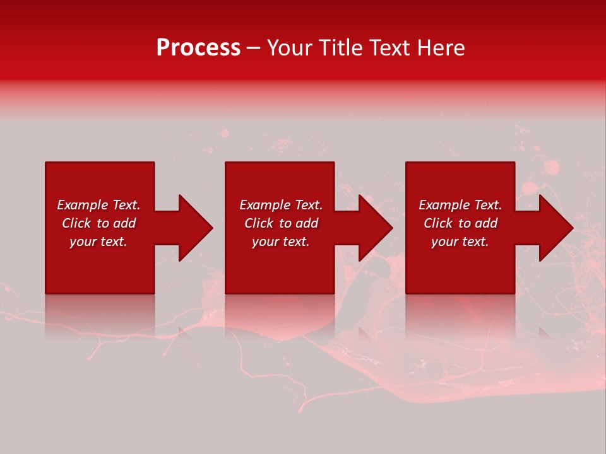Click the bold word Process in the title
[x=198, y=48]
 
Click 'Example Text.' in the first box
[x=98, y=205]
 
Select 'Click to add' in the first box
[x=98, y=223]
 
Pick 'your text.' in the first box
[x=98, y=242]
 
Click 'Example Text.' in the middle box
[x=281, y=205]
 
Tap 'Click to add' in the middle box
[x=281, y=223]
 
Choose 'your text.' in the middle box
[x=281, y=242]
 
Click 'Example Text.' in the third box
[x=460, y=205]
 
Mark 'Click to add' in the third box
[x=460, y=223]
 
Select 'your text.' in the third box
[x=460, y=242]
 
